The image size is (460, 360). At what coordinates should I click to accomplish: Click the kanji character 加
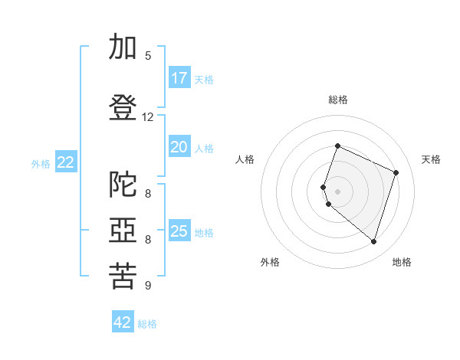click(x=123, y=46)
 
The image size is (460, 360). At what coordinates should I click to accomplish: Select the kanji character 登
click(x=123, y=107)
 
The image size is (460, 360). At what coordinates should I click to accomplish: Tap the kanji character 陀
click(x=123, y=184)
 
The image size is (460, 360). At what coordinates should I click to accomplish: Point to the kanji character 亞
click(x=123, y=230)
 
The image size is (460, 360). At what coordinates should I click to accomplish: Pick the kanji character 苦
click(x=123, y=276)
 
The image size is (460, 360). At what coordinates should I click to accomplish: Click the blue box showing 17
click(x=180, y=77)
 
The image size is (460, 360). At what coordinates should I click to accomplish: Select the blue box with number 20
click(x=180, y=146)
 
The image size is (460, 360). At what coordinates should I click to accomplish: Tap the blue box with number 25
click(x=180, y=230)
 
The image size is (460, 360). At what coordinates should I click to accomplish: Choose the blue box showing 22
click(x=66, y=162)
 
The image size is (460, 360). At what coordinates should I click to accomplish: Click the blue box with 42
click(x=123, y=321)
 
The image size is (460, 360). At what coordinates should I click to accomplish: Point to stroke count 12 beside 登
click(x=147, y=117)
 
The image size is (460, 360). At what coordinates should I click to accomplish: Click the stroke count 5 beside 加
click(x=148, y=56)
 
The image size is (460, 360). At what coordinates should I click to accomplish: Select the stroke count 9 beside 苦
click(x=148, y=285)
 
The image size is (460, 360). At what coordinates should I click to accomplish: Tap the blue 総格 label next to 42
click(x=147, y=324)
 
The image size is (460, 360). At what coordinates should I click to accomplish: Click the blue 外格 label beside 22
click(x=41, y=164)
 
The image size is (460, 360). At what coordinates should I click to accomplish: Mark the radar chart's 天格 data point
click(x=396, y=172)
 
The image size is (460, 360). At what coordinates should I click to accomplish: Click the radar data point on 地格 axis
click(x=373, y=241)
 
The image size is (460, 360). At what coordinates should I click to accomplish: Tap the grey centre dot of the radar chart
click(x=337, y=191)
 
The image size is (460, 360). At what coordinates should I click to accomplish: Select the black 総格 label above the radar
click(x=338, y=100)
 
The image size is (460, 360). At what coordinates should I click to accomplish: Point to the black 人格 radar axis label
click(x=245, y=159)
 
